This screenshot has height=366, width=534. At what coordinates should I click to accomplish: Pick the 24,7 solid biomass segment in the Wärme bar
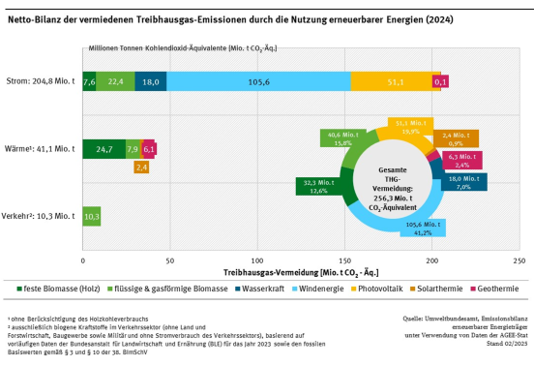(x=104, y=149)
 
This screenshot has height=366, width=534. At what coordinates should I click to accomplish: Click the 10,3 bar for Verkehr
(x=92, y=216)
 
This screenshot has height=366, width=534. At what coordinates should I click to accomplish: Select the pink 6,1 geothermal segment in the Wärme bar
(x=149, y=149)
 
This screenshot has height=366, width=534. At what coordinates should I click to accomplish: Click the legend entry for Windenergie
(x=283, y=289)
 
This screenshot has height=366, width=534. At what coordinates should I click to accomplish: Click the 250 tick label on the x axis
(x=520, y=261)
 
